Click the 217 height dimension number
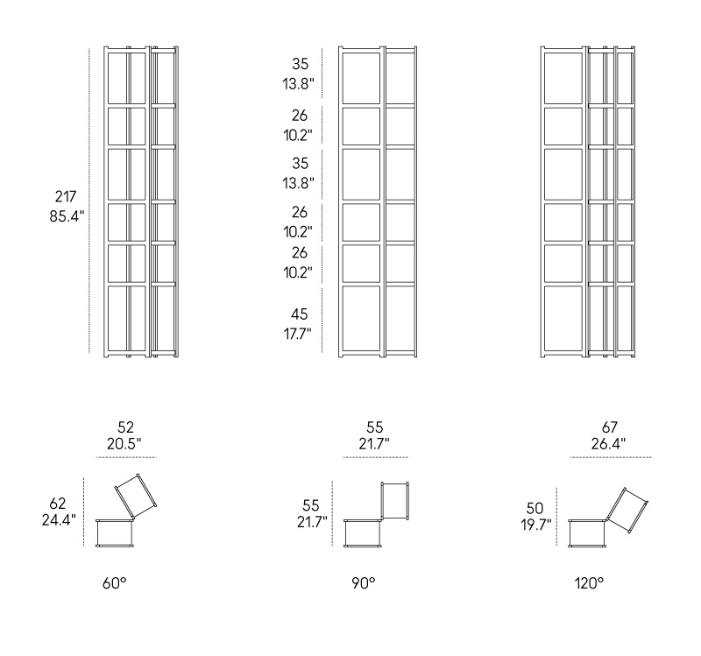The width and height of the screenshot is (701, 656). pyautogui.click(x=66, y=196)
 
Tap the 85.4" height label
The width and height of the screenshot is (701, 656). pyautogui.click(x=67, y=216)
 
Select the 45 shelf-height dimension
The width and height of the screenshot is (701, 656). pyautogui.click(x=299, y=314)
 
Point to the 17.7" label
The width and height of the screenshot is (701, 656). pyautogui.click(x=298, y=334)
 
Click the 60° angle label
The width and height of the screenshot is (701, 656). pyautogui.click(x=115, y=583)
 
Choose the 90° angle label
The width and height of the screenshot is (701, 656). pyautogui.click(x=364, y=583)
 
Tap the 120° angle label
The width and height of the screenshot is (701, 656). pyautogui.click(x=589, y=583)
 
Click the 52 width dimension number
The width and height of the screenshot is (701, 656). pyautogui.click(x=125, y=427)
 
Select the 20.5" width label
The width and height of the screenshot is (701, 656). pyautogui.click(x=124, y=444)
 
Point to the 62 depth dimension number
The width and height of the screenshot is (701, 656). pyautogui.click(x=57, y=504)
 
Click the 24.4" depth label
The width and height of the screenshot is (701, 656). pyautogui.click(x=59, y=520)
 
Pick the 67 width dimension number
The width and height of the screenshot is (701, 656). pyautogui.click(x=609, y=427)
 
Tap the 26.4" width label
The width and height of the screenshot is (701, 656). pyautogui.click(x=608, y=444)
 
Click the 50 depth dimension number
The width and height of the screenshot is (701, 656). pyautogui.click(x=535, y=508)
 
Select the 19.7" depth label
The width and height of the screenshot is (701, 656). pyautogui.click(x=536, y=525)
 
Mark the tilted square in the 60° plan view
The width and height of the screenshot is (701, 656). pyautogui.click(x=136, y=496)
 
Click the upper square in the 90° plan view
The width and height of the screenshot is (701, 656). pyautogui.click(x=395, y=501)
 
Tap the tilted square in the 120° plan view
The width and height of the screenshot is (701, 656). pyautogui.click(x=627, y=511)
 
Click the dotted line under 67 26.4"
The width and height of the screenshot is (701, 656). pyautogui.click(x=611, y=457)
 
